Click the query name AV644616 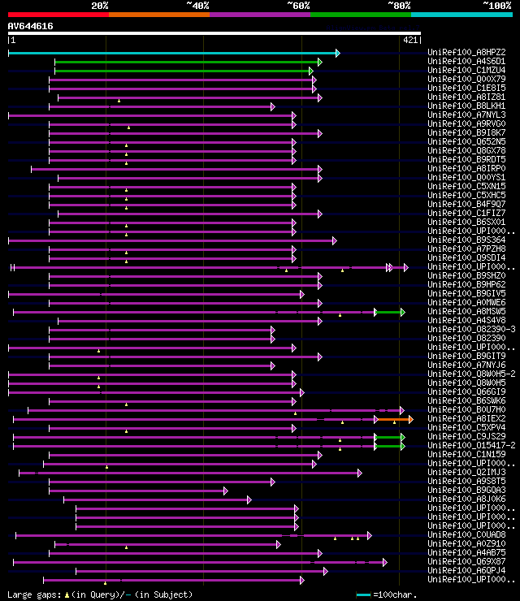[x=31, y=26]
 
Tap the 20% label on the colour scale [x=100, y=6]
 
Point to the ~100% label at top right [x=496, y=6]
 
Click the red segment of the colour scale [x=58, y=15]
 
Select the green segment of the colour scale [x=360, y=15]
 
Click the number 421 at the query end [x=409, y=39]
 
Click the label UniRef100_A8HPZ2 [x=466, y=53]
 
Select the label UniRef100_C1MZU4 [x=466, y=71]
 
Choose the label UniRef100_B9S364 [x=466, y=240]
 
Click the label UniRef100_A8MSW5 [x=466, y=312]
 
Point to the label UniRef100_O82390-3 [x=471, y=330]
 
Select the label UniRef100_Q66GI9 [x=466, y=392]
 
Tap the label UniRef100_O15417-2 [x=471, y=446]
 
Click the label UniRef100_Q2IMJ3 [x=466, y=473]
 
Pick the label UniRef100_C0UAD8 [x=466, y=535]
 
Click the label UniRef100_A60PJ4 [x=466, y=571]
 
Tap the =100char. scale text [x=396, y=595]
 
